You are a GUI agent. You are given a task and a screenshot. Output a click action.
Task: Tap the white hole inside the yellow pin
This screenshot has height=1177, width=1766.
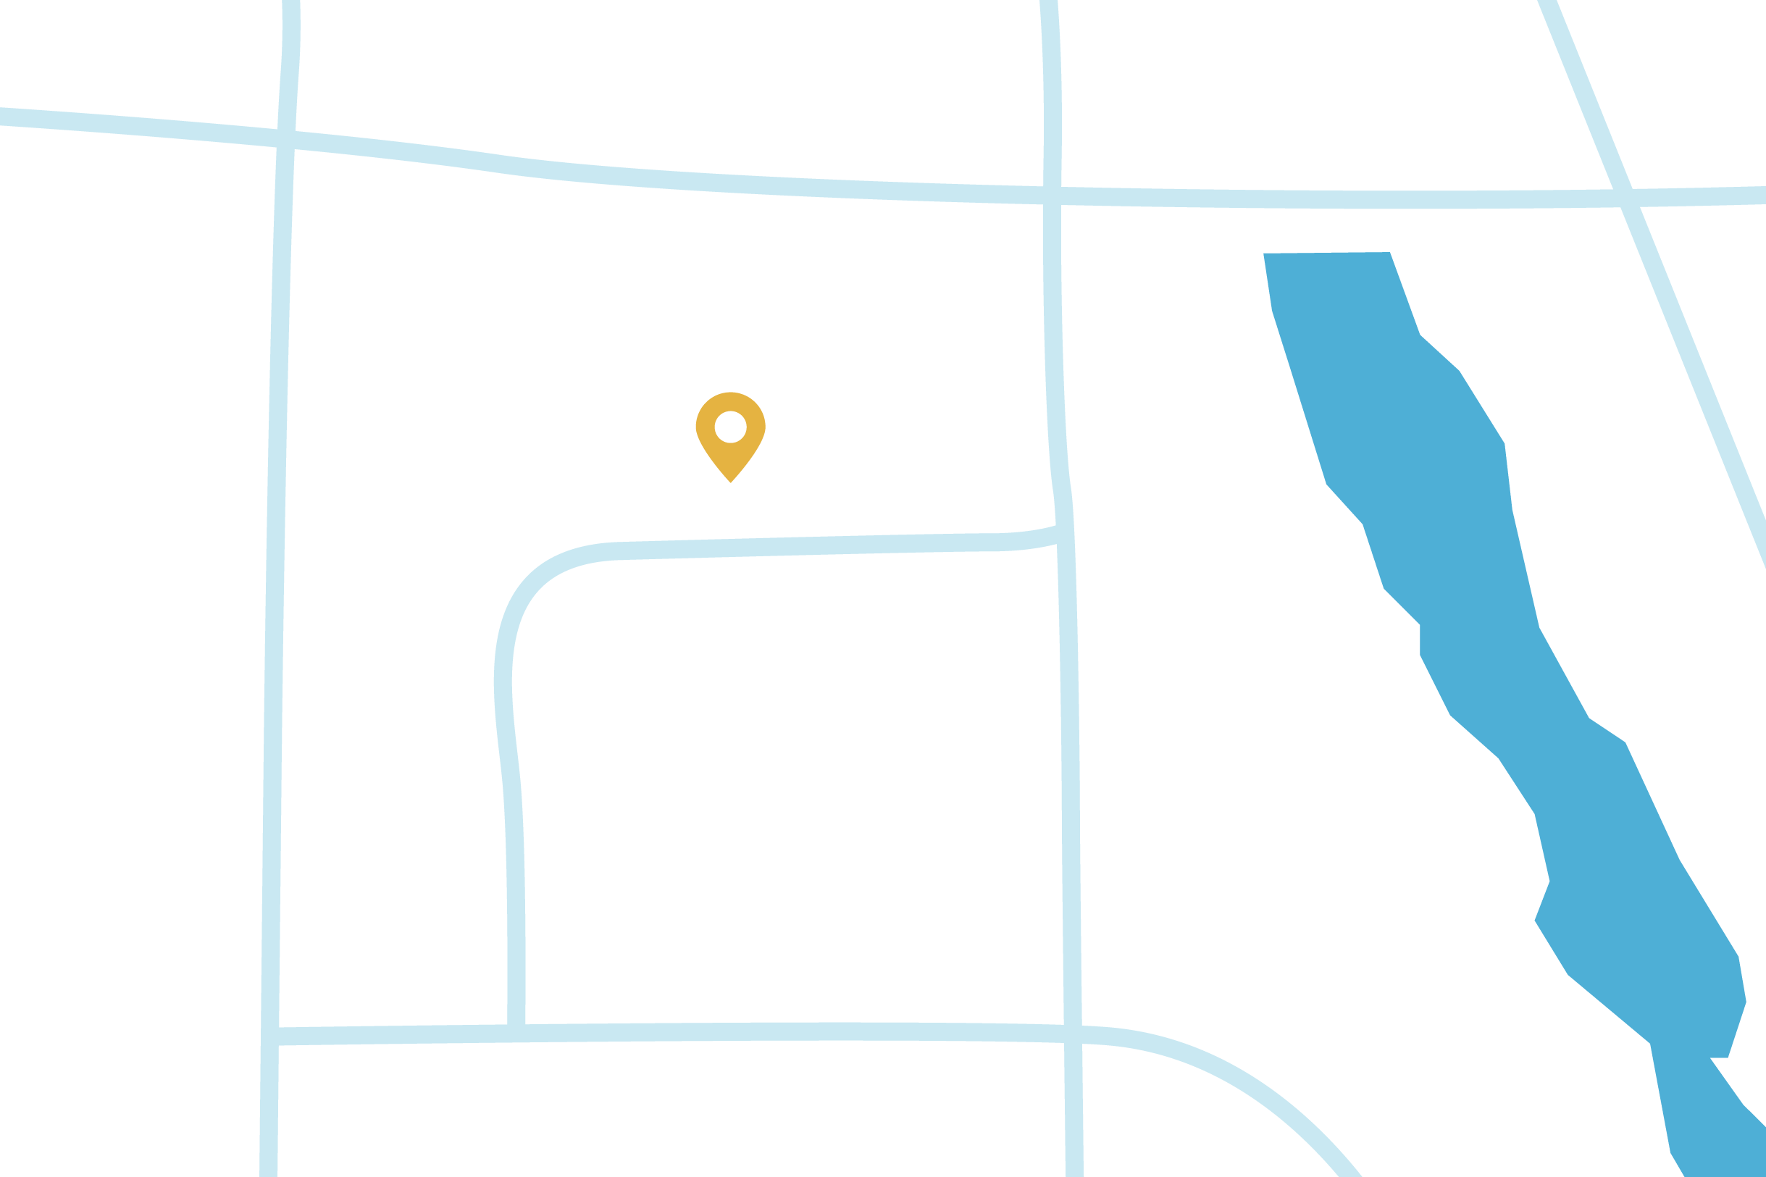pos(730,427)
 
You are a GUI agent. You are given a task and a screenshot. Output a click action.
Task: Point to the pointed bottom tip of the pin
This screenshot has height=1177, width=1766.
pos(730,481)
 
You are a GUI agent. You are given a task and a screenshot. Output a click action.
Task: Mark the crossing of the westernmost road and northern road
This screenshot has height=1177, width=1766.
pos(286,140)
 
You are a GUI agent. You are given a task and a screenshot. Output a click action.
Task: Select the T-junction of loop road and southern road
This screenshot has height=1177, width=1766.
pos(516,1034)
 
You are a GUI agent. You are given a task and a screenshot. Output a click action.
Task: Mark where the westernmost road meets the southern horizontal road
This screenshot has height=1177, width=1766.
pos(270,1036)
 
